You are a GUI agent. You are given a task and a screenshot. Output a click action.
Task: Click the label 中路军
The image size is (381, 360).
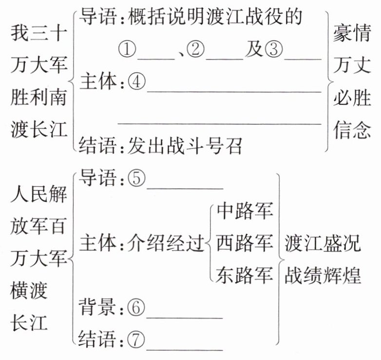[x=244, y=211]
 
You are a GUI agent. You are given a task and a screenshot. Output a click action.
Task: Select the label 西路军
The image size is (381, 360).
[x=244, y=242]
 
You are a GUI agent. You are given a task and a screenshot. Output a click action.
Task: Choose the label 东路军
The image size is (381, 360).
[x=244, y=275]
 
